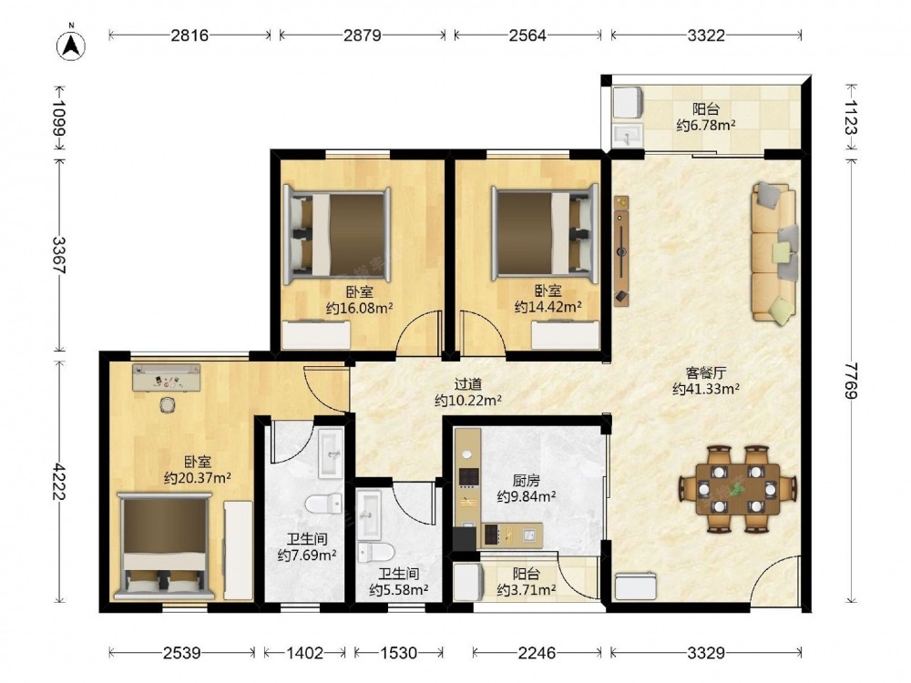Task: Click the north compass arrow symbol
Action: tap(71, 44)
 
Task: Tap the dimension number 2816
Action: tap(189, 36)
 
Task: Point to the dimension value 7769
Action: tap(851, 381)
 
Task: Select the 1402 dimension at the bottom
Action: tap(305, 653)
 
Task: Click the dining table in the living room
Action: tap(738, 489)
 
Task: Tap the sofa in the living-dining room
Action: tap(773, 252)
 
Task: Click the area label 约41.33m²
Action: tap(706, 389)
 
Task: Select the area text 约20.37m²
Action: tap(198, 478)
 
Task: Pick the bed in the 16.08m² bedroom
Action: tap(336, 235)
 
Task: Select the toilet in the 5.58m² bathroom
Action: tap(376, 552)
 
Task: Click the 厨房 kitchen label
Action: tap(527, 480)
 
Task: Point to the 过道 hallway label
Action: tap(468, 384)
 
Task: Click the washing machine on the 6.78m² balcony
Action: tap(628, 105)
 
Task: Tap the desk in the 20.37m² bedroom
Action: tap(166, 378)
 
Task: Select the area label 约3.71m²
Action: tap(527, 590)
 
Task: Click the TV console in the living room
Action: tap(621, 251)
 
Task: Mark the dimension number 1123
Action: tap(851, 117)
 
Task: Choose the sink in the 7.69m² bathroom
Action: tap(331, 453)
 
